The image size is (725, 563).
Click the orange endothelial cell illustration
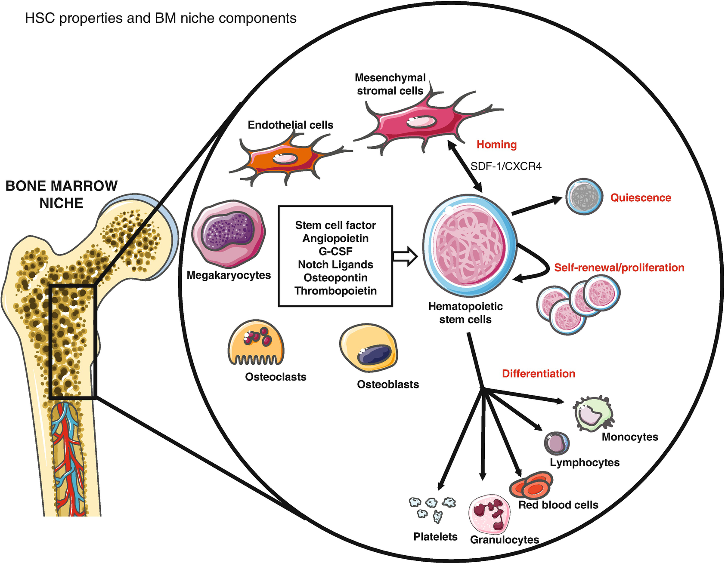point(284,159)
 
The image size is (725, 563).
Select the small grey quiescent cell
point(584,197)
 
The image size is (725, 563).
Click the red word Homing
point(496,145)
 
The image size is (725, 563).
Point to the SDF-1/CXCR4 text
point(506,166)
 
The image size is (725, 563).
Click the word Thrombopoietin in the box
point(335,291)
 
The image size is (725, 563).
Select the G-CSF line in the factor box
point(335,251)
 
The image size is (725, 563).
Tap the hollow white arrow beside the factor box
point(405,256)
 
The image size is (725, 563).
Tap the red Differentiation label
point(538,373)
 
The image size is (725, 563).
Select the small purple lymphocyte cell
point(557,443)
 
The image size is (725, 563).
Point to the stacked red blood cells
point(531,485)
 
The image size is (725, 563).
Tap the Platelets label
point(435,536)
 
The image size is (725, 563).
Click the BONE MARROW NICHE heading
point(61,194)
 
